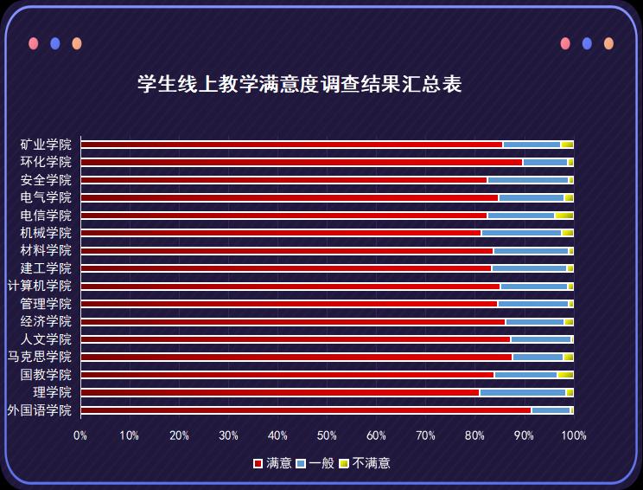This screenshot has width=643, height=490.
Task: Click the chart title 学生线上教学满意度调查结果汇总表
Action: [x=299, y=85]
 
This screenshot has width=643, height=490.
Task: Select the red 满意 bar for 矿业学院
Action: [x=291, y=145]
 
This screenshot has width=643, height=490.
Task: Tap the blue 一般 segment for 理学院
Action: [x=522, y=393]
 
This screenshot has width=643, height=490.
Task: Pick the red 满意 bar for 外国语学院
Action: [x=305, y=410]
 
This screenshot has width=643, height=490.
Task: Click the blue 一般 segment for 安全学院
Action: [x=527, y=180]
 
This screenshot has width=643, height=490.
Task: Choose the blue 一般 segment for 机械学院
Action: [x=521, y=233]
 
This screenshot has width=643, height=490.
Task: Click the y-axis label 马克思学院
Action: [x=40, y=357]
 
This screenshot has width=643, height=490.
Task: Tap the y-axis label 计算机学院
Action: [x=40, y=286]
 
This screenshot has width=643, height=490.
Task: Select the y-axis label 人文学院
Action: [x=46, y=339]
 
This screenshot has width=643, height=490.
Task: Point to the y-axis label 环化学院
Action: [x=46, y=162]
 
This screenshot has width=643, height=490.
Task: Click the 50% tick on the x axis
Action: [x=327, y=435]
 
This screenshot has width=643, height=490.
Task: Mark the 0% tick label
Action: [x=80, y=435]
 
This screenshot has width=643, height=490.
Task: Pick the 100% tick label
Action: [x=574, y=435]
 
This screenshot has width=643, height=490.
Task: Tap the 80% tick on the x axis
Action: [x=474, y=435]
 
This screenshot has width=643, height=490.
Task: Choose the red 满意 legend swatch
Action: [x=258, y=464]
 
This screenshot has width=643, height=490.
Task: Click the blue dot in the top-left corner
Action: [x=55, y=43]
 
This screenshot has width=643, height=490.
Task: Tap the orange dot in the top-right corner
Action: [x=608, y=43]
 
